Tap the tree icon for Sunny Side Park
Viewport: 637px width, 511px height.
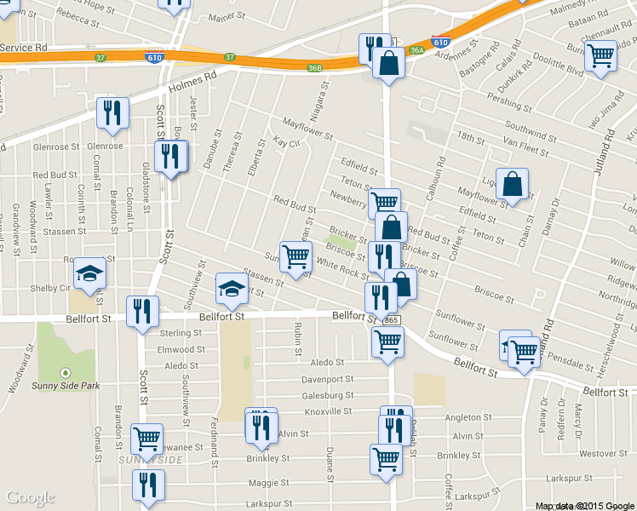coord(66,372)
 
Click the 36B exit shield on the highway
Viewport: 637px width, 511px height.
coord(315,68)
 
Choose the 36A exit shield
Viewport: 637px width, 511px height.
coord(416,51)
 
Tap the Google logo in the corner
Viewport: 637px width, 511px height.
coord(31,498)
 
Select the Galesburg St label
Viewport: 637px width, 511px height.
coord(328,396)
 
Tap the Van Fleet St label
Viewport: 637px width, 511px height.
coord(526,146)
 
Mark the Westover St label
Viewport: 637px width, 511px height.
coord(596,453)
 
